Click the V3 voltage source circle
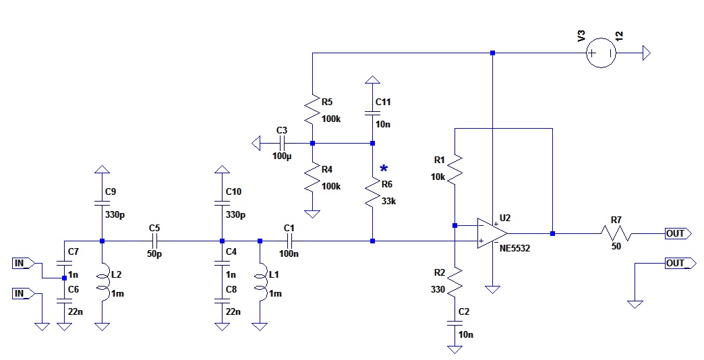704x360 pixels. [600, 53]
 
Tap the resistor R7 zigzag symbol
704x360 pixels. [616, 233]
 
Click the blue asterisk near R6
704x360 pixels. [384, 169]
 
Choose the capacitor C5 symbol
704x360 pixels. [154, 241]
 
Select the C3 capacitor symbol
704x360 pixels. [282, 143]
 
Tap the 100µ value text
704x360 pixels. [283, 156]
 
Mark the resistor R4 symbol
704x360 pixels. [312, 179]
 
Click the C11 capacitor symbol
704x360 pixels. [372, 113]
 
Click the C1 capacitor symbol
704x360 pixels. [289, 241]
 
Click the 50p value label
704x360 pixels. [154, 256]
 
